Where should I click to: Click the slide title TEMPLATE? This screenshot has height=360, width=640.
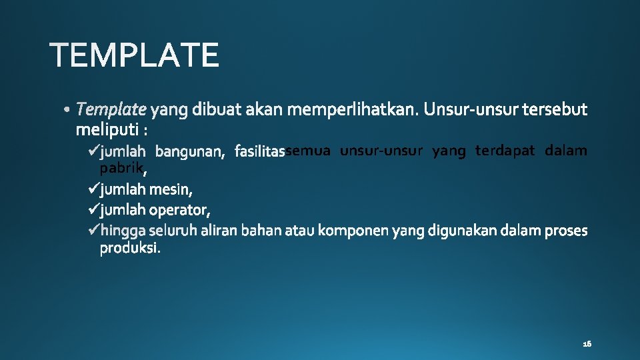coord(135,55)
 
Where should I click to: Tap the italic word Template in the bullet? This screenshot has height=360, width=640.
coord(111,109)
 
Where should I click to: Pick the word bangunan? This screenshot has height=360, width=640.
coord(192,153)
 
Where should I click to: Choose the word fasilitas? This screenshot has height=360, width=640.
coord(260,153)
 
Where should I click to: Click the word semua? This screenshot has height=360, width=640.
coord(308,151)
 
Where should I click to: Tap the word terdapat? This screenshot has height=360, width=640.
coord(505,151)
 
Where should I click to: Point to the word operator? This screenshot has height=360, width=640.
coord(179,211)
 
